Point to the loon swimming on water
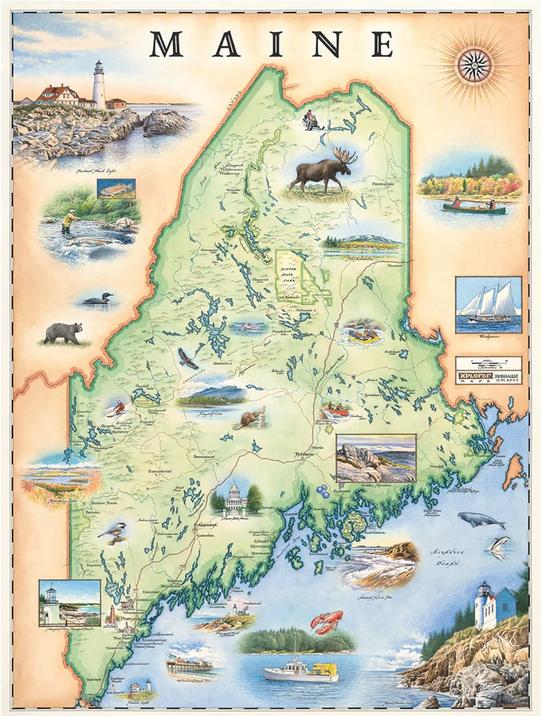(99, 300)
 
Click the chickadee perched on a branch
(110, 534)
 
